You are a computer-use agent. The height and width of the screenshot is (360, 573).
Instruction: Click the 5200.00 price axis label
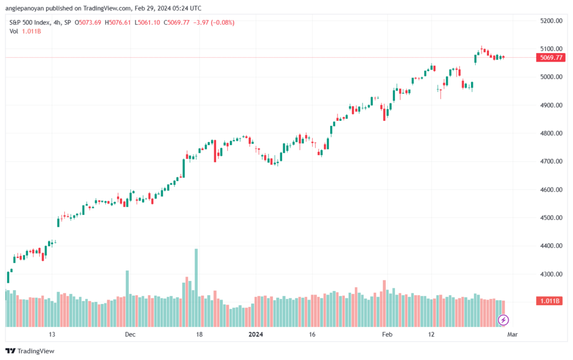click(551, 21)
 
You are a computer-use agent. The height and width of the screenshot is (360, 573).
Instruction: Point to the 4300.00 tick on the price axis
click(551, 274)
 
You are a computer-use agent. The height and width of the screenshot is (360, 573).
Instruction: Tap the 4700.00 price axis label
click(551, 161)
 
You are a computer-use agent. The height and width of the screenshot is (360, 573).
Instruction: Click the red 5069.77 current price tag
click(551, 57)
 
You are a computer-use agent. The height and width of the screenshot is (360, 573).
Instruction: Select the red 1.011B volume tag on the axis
click(549, 301)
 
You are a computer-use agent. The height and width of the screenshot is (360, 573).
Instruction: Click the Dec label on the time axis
click(130, 334)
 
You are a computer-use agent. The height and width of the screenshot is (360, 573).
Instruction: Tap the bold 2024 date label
click(255, 334)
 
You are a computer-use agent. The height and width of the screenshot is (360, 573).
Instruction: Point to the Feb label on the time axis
click(387, 334)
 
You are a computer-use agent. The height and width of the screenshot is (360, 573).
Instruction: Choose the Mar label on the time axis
click(513, 334)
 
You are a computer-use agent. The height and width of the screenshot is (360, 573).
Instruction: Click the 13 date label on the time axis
click(52, 334)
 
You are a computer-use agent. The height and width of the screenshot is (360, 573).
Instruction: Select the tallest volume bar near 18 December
click(196, 288)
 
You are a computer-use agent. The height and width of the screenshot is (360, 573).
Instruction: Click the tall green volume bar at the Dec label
click(127, 298)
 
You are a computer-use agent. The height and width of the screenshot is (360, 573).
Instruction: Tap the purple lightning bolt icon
click(503, 320)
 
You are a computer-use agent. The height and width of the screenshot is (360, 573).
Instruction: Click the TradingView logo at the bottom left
click(30, 351)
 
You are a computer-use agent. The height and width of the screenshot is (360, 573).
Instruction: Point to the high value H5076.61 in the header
click(118, 22)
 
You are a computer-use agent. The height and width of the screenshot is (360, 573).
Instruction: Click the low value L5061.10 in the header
click(147, 22)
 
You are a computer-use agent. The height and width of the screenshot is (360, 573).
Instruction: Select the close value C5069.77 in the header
click(176, 22)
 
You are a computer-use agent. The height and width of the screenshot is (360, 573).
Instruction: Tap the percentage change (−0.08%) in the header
click(223, 22)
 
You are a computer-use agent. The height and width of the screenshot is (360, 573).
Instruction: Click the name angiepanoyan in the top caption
click(25, 8)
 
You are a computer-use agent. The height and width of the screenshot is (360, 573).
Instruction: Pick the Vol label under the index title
click(13, 31)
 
